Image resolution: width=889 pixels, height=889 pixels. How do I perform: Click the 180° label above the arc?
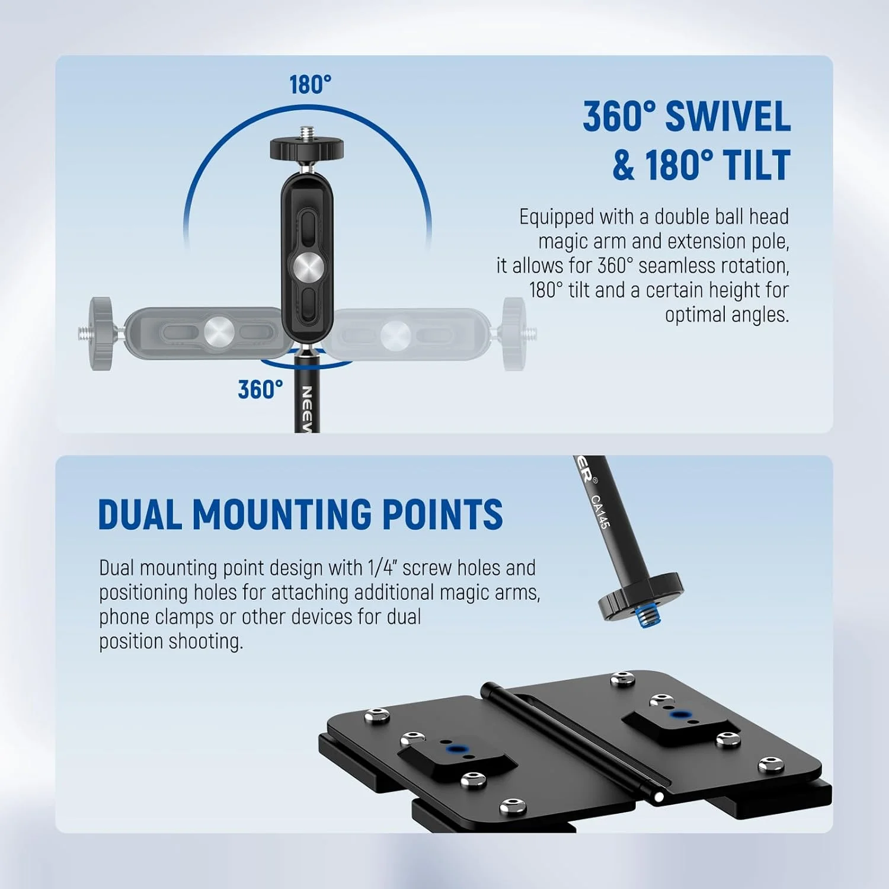pyautogui.click(x=310, y=85)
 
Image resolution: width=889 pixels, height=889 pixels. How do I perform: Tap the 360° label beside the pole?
pyautogui.click(x=260, y=389)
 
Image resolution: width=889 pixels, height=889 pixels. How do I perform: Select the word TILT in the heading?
pyautogui.click(x=753, y=165)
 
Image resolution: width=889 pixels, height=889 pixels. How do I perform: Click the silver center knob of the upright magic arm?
pyautogui.click(x=306, y=268)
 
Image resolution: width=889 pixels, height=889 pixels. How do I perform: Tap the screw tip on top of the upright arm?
pyautogui.click(x=306, y=132)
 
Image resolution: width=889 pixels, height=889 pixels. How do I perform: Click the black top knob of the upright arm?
pyautogui.click(x=306, y=148)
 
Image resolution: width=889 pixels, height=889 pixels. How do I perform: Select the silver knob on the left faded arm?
pyautogui.click(x=219, y=332)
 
